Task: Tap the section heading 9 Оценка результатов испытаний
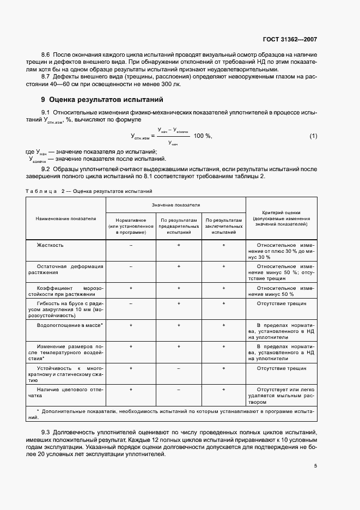pos(102,100)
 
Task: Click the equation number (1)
pos(313,136)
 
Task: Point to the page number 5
pos(315,465)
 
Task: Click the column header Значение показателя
pos(175,205)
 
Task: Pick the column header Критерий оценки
pos(281,218)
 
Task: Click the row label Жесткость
pos(50,245)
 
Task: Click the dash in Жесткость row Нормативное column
pos(131,245)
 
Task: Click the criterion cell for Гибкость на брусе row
pos(282,303)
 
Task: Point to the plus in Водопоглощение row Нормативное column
pos(131,325)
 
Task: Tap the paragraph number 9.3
pos(46,432)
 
